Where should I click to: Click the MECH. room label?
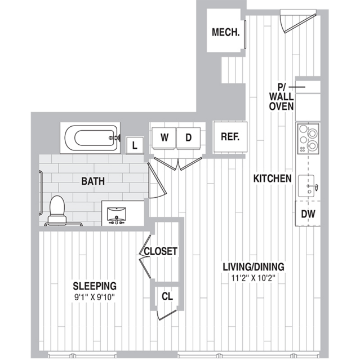pyautogui.click(x=226, y=32)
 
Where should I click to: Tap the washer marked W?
pyautogui.click(x=164, y=138)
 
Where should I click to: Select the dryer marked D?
pyautogui.click(x=188, y=138)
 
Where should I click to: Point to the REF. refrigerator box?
pyautogui.click(x=230, y=137)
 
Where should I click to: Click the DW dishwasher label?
pyautogui.click(x=308, y=214)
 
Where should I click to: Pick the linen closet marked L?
pyautogui.click(x=135, y=145)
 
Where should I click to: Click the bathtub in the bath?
pyautogui.click(x=90, y=138)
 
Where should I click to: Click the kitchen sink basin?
pyautogui.click(x=306, y=186)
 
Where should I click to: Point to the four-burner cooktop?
pyautogui.click(x=308, y=139)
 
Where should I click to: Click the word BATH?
pyautogui.click(x=93, y=181)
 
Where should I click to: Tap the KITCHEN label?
pyautogui.click(x=273, y=179)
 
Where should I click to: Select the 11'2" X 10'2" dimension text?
pyautogui.click(x=254, y=278)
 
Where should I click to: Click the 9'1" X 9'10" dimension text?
pyautogui.click(x=94, y=297)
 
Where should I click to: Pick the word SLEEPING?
pyautogui.click(x=95, y=286)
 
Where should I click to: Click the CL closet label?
pyautogui.click(x=167, y=296)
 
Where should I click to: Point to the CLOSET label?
pyautogui.click(x=161, y=251)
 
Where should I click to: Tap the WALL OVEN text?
pyautogui.click(x=282, y=101)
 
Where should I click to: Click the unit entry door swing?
pyautogui.click(x=297, y=21)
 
